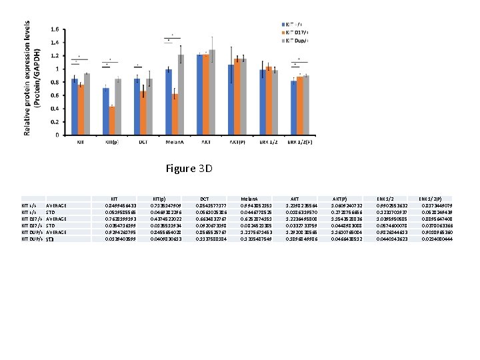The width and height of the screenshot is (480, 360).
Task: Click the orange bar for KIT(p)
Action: [112, 121]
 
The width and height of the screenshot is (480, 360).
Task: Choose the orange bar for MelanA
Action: [175, 114]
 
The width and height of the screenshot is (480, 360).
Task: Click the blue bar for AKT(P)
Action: [231, 100]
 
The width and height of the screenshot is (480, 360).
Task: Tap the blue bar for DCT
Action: [137, 107]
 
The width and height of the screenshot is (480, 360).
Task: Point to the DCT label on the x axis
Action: [143, 142]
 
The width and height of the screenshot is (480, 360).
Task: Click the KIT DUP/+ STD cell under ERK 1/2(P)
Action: [436, 238]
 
